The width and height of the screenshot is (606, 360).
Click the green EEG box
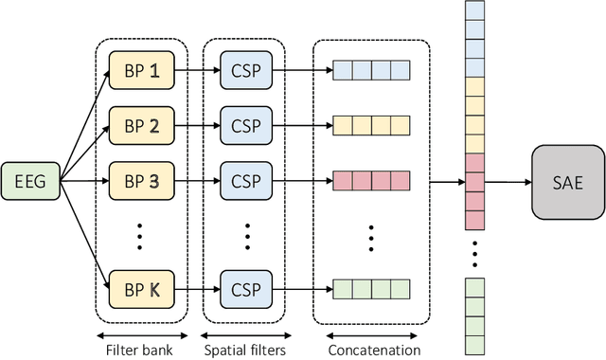[x=29, y=180]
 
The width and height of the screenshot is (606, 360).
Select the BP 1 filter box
[x=141, y=69]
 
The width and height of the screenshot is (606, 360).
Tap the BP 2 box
[x=141, y=123]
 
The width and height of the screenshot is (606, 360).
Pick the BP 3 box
[x=141, y=177]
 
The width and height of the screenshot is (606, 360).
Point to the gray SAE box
[x=567, y=180]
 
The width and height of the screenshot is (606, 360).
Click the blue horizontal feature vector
[x=371, y=69]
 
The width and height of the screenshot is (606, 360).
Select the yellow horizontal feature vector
[x=371, y=123]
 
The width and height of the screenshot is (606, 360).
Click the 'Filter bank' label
[x=140, y=350]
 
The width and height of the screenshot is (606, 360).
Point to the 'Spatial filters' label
[x=243, y=350]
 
